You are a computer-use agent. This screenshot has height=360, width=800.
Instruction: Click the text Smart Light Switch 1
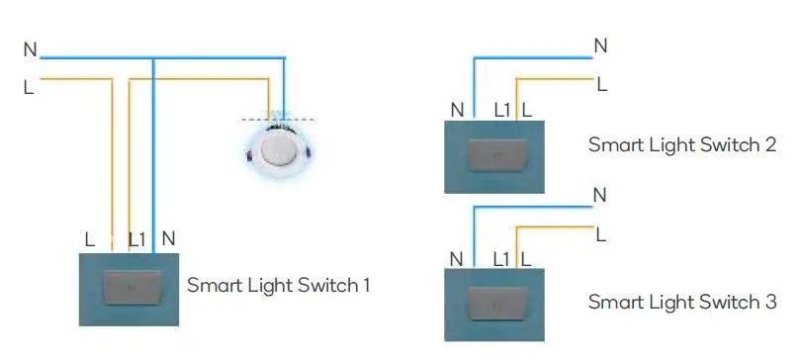[279, 286]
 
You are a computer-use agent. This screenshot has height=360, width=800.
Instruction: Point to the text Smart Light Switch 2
[682, 144]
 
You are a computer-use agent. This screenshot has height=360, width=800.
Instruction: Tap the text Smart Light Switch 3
[682, 302]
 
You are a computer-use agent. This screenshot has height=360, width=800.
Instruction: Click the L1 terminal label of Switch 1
[137, 239]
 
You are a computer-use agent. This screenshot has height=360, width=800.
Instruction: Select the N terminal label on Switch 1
[168, 239]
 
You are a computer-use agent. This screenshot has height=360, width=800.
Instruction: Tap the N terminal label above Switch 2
[456, 110]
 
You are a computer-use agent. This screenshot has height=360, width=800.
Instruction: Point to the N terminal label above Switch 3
[456, 259]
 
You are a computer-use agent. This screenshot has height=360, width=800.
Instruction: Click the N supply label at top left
[29, 48]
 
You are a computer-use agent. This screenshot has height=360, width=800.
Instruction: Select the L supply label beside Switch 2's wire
[600, 85]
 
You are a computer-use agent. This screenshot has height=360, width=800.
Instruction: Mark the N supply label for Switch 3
[599, 195]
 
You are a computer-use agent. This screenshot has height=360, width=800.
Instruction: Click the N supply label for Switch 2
[600, 45]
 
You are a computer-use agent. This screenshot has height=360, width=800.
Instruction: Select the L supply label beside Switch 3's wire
[599, 234]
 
